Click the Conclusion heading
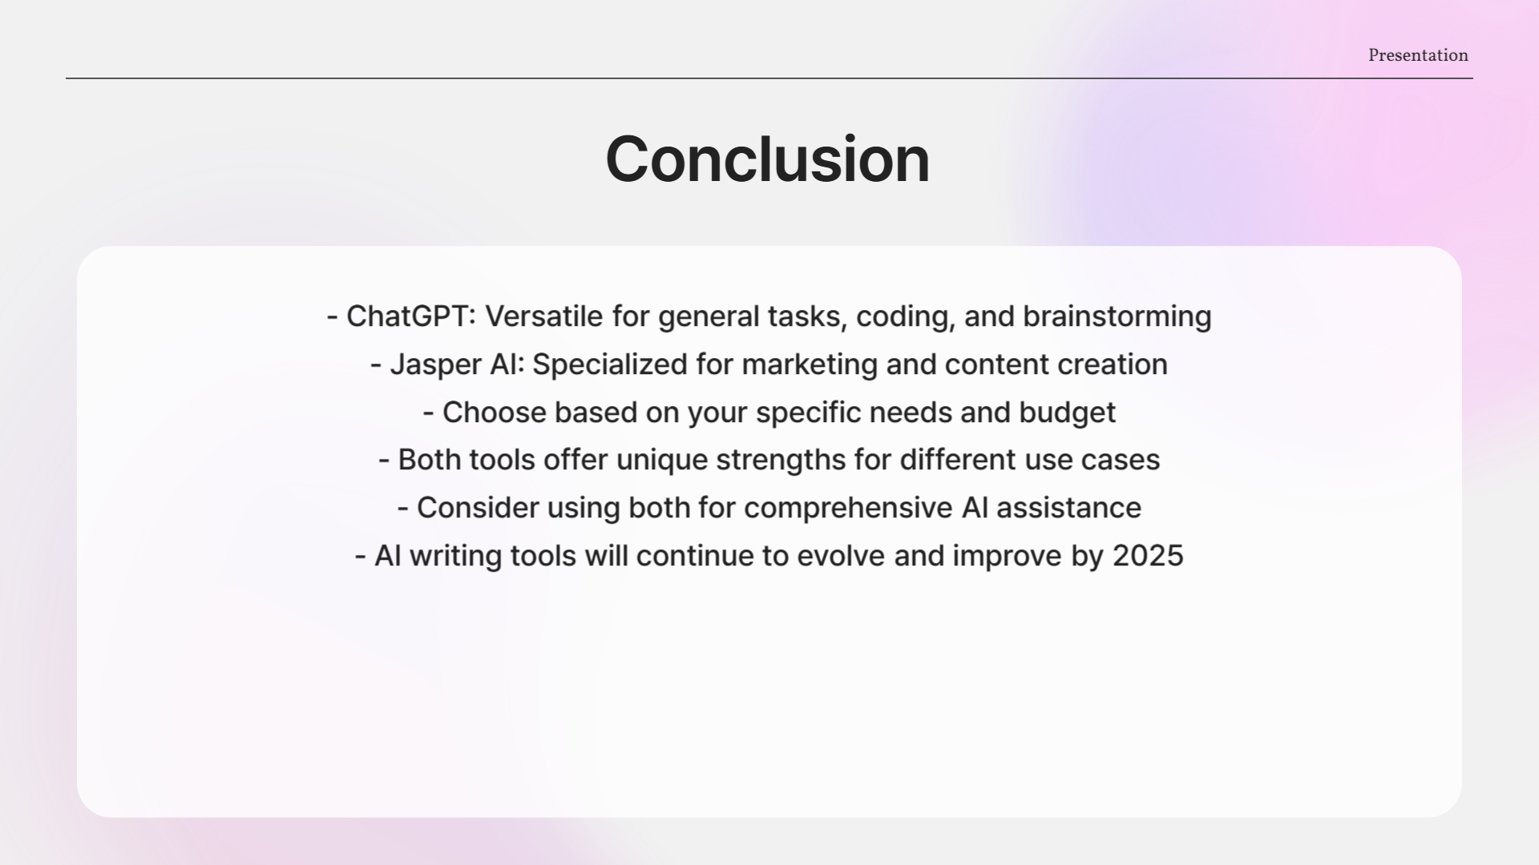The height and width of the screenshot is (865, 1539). click(767, 159)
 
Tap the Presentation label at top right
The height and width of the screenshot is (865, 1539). click(1418, 55)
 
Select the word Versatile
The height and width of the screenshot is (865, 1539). click(543, 316)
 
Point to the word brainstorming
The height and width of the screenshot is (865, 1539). click(1117, 316)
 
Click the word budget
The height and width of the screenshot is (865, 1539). click(1067, 412)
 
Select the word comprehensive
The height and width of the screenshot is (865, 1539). click(848, 508)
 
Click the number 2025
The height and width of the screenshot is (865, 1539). click(1148, 556)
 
